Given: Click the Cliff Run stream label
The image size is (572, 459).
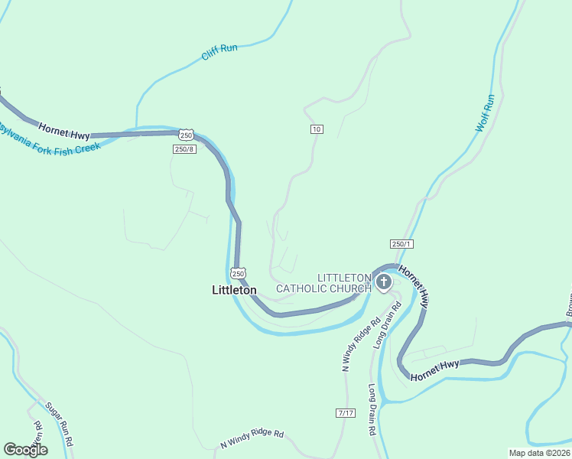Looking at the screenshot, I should [x=219, y=53].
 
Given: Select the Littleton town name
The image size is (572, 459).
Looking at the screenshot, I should [x=234, y=290].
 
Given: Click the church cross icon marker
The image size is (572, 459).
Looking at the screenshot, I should [x=383, y=283].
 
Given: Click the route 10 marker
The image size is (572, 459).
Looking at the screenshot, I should [x=317, y=129].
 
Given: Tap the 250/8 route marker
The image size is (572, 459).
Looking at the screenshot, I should [x=185, y=149].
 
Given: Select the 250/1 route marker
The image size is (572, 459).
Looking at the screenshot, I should [x=401, y=243].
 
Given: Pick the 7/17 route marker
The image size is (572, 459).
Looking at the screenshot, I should [x=346, y=412].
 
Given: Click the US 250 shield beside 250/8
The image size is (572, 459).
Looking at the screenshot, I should [x=187, y=135].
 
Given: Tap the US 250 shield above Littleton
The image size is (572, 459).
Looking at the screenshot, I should [x=238, y=272].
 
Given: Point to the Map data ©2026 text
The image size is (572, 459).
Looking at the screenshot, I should [x=539, y=452].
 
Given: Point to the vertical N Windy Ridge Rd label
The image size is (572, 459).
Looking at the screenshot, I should [x=360, y=345].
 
